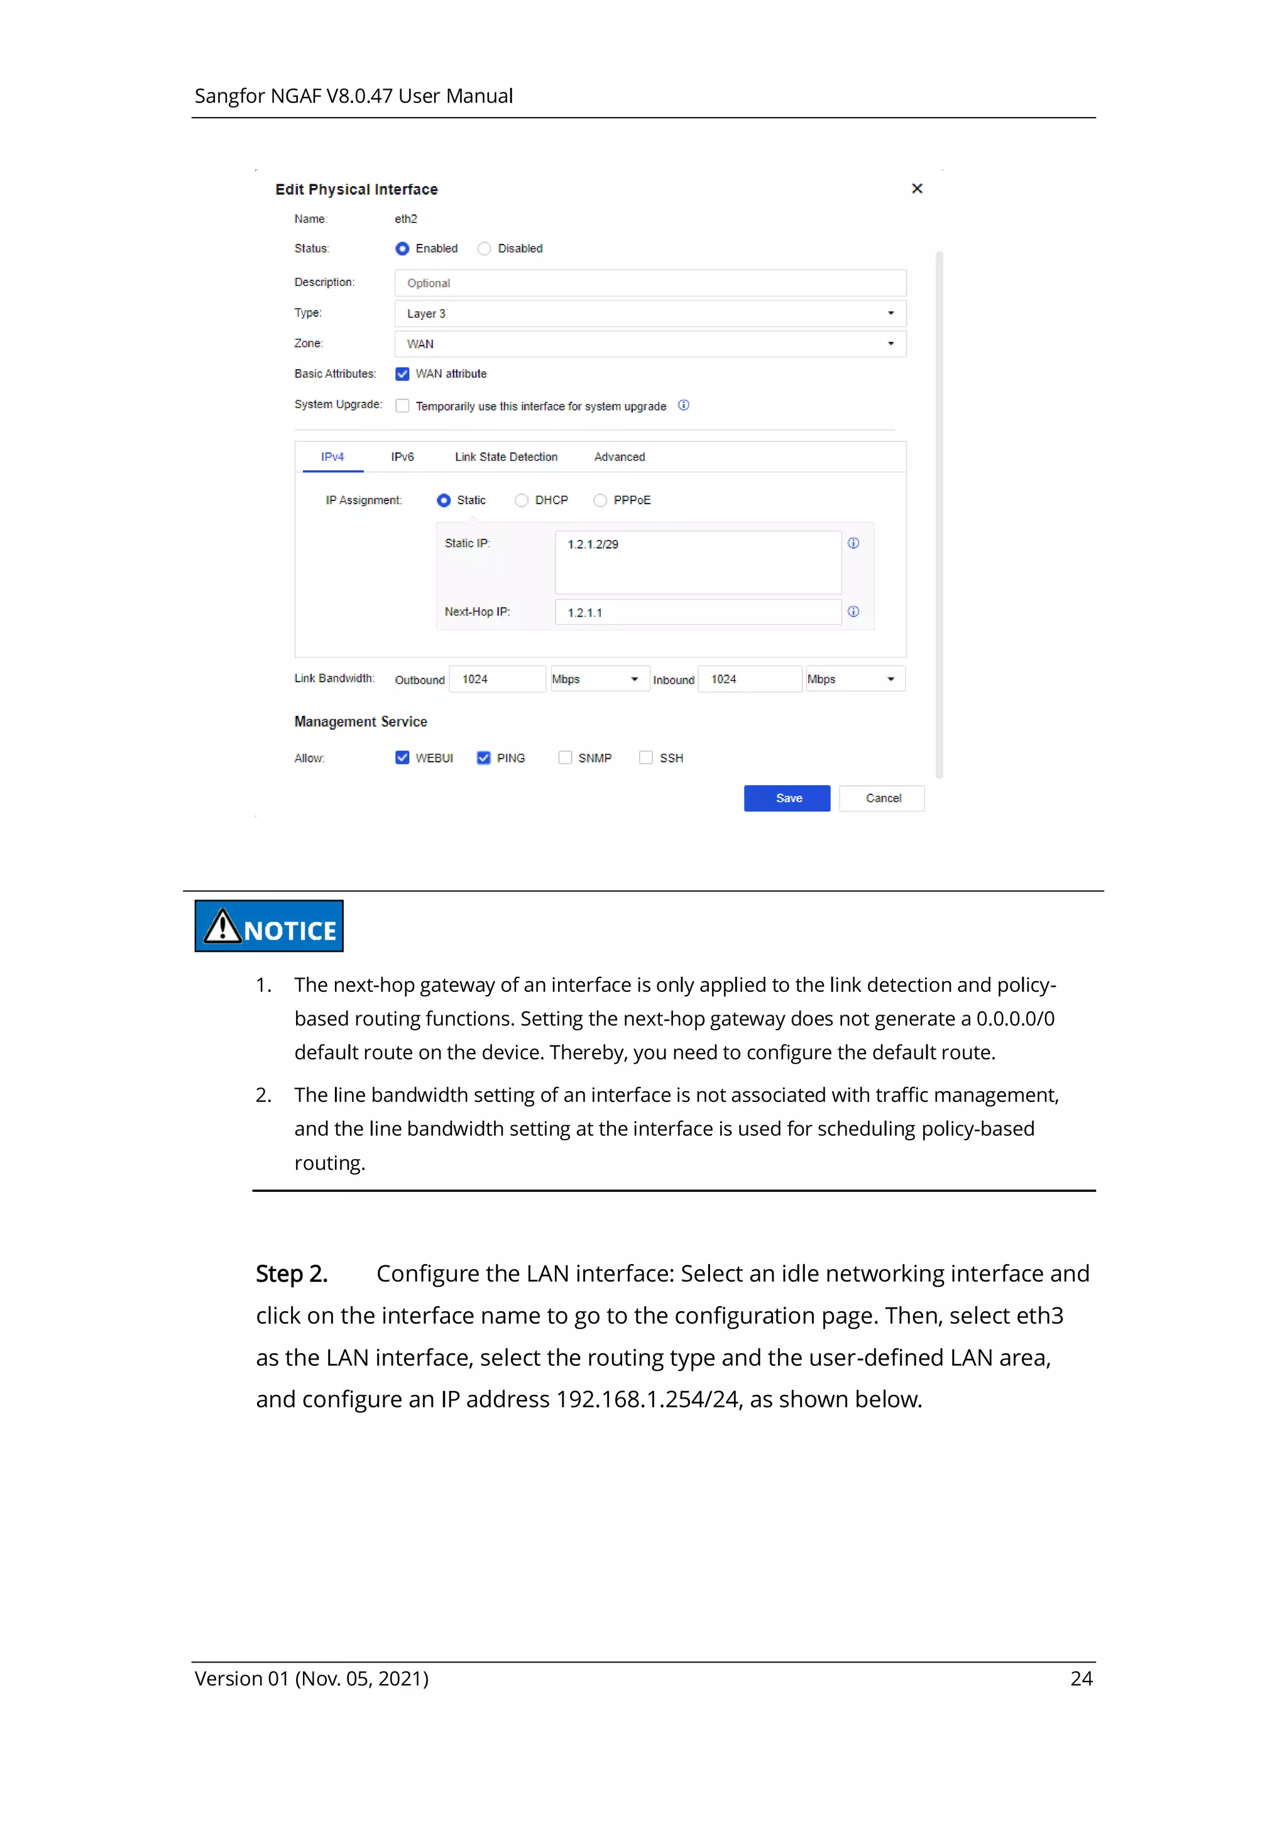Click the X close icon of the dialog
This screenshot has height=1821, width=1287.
(x=917, y=189)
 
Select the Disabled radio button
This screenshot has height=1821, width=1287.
(x=484, y=249)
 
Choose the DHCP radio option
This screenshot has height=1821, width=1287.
(x=521, y=500)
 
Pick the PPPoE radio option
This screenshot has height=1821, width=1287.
(x=600, y=500)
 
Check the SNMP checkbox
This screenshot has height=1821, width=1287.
(x=564, y=757)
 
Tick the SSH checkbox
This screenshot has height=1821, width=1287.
(x=646, y=757)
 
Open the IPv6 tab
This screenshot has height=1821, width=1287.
(x=402, y=457)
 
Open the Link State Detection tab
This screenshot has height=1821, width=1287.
(x=506, y=457)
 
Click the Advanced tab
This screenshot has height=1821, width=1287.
(x=620, y=457)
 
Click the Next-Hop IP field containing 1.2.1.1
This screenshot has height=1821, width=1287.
(x=697, y=612)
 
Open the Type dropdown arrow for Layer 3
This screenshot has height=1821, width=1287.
(x=890, y=313)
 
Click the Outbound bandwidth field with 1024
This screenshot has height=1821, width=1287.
(x=496, y=679)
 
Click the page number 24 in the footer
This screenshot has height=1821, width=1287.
(x=1081, y=1678)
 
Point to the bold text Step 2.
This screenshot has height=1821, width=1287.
(x=291, y=1274)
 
